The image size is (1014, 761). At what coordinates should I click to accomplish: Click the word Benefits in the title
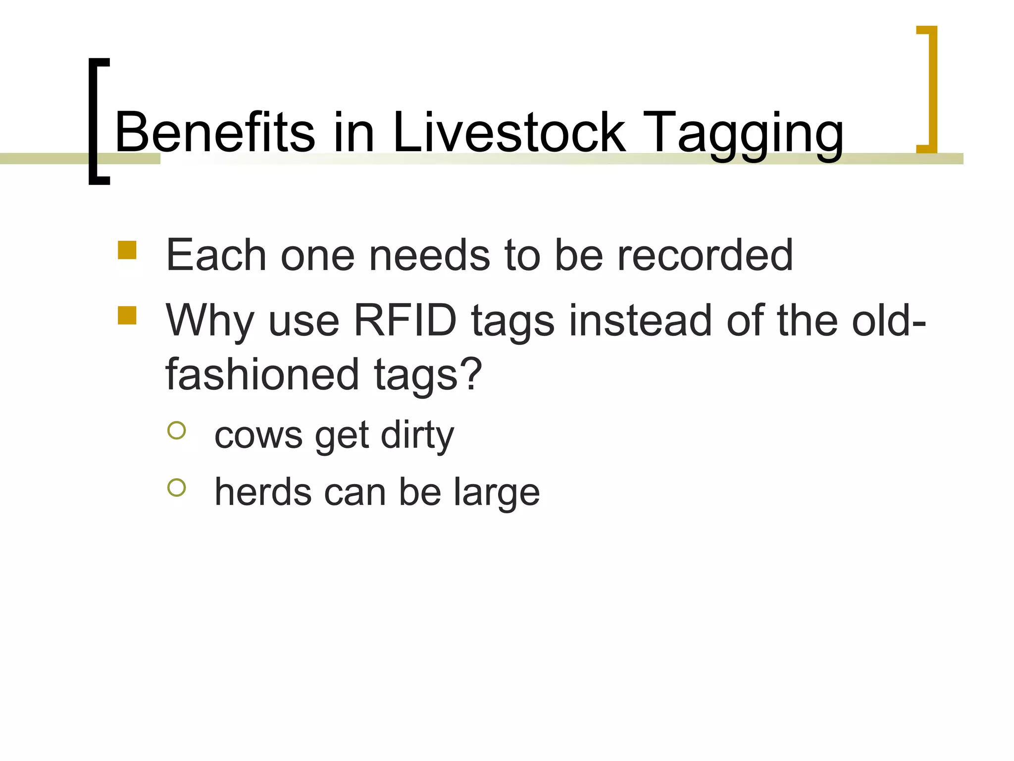[214, 132]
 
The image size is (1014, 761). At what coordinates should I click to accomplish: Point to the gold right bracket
[929, 89]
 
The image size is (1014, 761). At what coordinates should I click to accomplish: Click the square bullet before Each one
[127, 250]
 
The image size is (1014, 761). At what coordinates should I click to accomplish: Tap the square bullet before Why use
[127, 315]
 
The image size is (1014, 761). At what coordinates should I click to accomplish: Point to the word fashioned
[262, 374]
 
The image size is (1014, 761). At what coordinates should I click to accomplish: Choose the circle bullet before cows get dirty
[177, 430]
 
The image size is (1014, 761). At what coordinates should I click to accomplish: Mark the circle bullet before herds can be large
[177, 488]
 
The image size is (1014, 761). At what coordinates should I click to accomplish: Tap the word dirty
[417, 436]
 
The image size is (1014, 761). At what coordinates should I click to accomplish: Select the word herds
[263, 492]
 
